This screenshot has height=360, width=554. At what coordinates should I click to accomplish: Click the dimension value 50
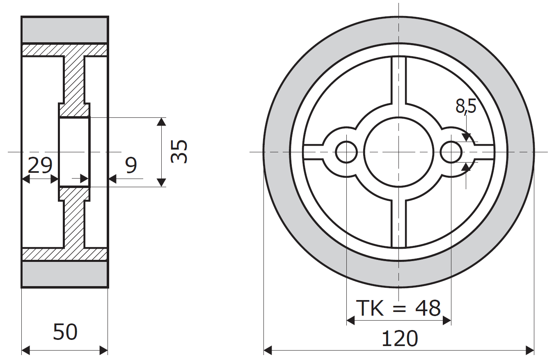(65, 332)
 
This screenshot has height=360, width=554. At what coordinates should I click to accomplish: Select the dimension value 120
(400, 339)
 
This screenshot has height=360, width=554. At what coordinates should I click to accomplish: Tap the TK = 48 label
(398, 308)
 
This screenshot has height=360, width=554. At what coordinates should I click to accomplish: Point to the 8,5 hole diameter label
(466, 106)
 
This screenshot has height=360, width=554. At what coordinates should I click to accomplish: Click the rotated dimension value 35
(179, 151)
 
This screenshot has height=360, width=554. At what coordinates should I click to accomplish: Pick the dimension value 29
(40, 165)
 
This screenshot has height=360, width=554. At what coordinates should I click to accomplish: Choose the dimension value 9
(131, 165)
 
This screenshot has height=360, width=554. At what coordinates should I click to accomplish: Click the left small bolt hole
(346, 152)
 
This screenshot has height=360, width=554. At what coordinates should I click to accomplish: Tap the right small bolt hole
(451, 152)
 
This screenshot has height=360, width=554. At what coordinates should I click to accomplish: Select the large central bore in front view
(399, 152)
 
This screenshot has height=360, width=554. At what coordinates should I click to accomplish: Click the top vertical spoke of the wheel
(399, 80)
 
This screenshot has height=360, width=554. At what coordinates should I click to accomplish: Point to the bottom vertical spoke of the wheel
(399, 223)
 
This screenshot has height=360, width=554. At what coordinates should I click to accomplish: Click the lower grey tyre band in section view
(65, 274)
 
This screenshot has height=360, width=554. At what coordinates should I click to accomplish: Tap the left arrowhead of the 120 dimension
(268, 350)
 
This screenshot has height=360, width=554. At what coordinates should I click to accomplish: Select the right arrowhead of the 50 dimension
(104, 350)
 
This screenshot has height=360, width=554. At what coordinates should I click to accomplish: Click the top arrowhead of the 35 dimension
(161, 122)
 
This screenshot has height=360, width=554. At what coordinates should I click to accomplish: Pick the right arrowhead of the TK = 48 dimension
(447, 321)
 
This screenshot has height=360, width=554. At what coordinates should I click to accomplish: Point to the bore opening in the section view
(74, 152)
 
